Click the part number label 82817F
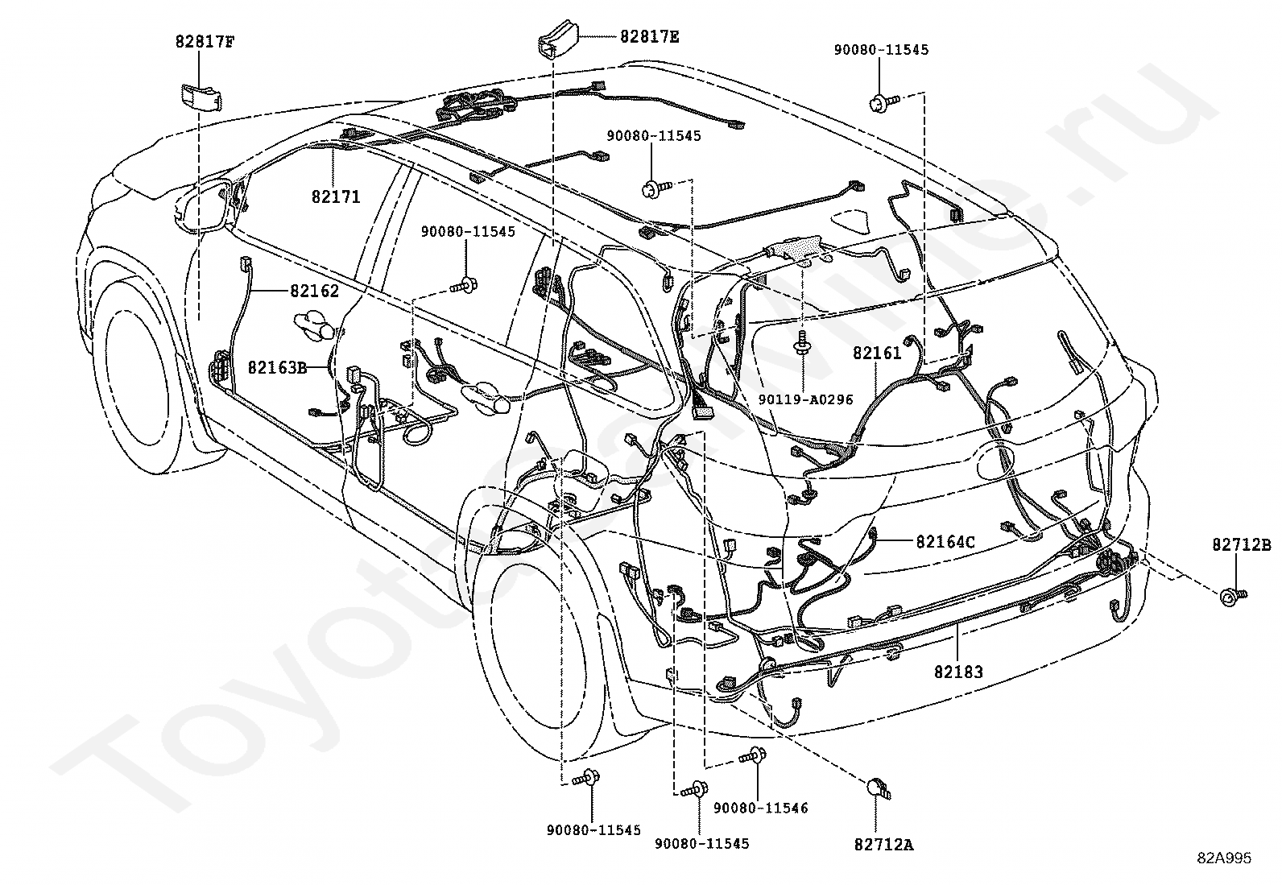point(205,42)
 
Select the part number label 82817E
point(650,37)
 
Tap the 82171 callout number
point(336,197)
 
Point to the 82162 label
point(314,291)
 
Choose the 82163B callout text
point(278,367)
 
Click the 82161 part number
point(877,353)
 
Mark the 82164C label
point(945,541)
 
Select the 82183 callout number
point(958,672)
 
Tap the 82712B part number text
point(1242,544)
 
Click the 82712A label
point(883,845)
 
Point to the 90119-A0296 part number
point(806,399)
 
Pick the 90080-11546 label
point(761,808)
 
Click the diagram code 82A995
point(1224,858)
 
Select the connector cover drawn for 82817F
point(201,96)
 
